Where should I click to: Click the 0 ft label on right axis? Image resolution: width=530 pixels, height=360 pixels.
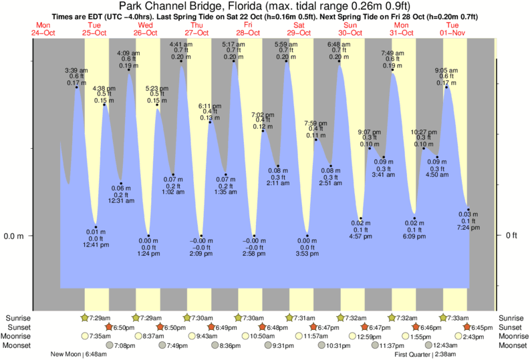tap(512, 236)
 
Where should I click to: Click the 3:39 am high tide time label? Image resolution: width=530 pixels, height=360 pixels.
tap(76, 70)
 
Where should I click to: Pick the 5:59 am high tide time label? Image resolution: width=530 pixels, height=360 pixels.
tap(286, 44)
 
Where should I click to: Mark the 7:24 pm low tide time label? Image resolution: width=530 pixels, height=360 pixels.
tap(469, 228)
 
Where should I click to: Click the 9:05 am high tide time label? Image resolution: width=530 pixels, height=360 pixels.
tap(446, 70)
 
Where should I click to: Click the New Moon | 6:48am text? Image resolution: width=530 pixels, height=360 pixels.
tap(78, 355)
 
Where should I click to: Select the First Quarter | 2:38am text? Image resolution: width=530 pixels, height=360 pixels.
tap(426, 355)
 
